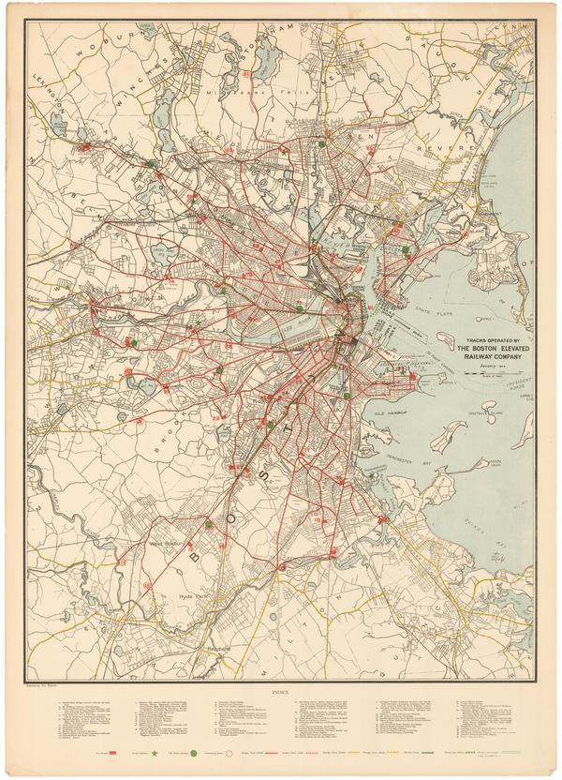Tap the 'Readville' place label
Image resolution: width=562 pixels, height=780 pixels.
point(220,647)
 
